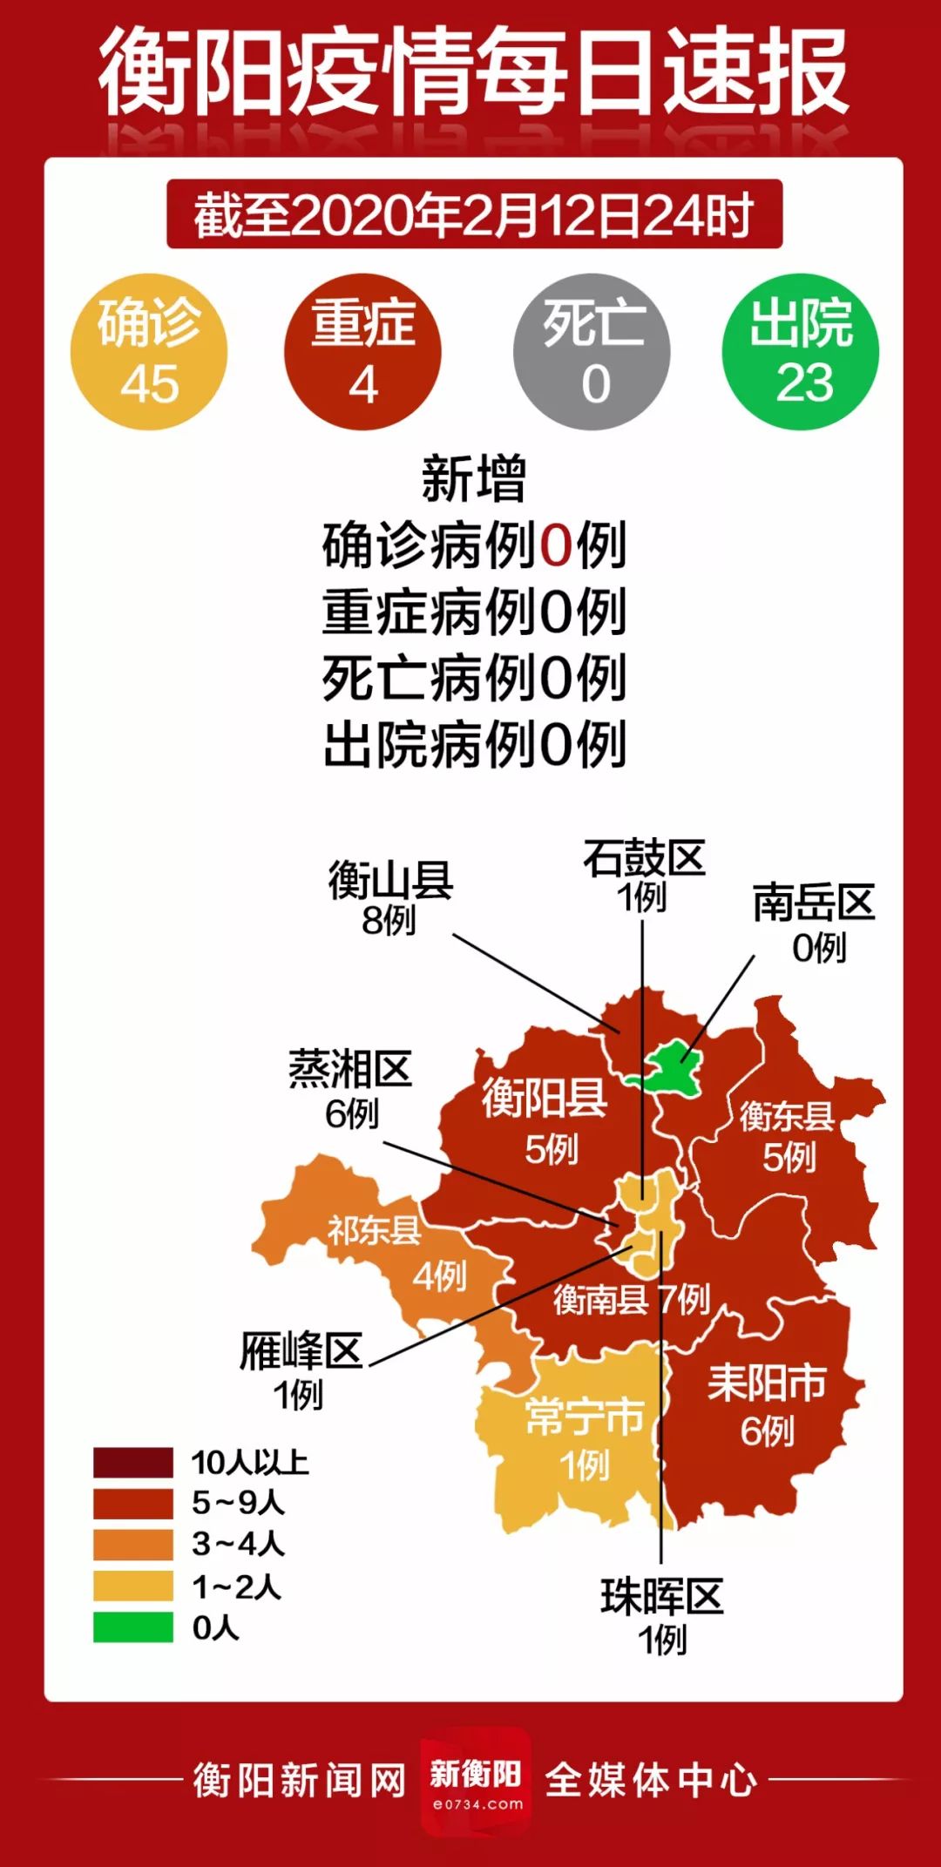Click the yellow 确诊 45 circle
[149, 352]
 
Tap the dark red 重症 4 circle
[362, 352]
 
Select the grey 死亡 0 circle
[592, 352]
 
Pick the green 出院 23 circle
[802, 352]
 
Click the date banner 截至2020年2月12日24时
[474, 215]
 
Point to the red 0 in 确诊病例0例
[556, 546]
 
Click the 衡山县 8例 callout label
[390, 898]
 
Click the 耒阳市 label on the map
[767, 1383]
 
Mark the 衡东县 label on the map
[787, 1116]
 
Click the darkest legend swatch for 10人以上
[133, 1463]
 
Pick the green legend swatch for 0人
[133, 1627]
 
